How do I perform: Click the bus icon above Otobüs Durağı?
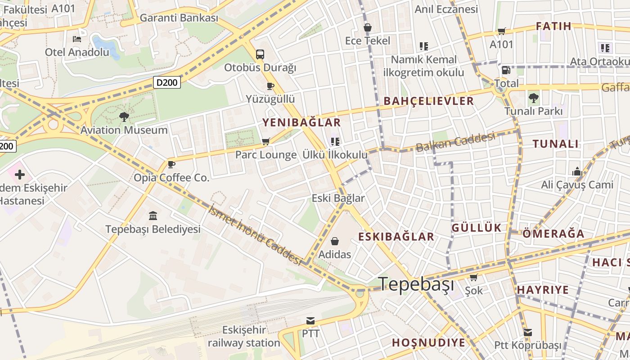[260, 54]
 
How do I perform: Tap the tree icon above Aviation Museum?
[124, 117]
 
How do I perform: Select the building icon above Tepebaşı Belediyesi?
[153, 216]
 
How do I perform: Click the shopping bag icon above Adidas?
[334, 242]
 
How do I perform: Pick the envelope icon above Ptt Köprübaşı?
[528, 333]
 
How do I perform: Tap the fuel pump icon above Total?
[506, 70]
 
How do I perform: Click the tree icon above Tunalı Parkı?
[533, 98]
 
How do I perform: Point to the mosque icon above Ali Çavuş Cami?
[577, 171]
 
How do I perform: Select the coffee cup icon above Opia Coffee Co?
[171, 164]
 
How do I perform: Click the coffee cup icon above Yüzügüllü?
[270, 85]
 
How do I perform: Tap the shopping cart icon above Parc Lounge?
[266, 142]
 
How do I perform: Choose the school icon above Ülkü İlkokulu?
[335, 142]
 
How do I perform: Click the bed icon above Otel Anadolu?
[77, 39]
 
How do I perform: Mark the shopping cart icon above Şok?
[473, 277]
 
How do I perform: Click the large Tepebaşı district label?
[416, 284]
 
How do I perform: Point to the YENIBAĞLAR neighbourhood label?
[301, 122]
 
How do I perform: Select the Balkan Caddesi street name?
[455, 142]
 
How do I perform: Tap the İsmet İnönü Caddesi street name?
[255, 234]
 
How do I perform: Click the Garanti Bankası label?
[179, 18]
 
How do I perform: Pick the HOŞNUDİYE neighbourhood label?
[428, 342]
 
